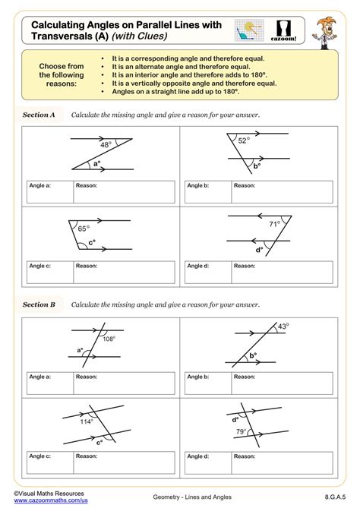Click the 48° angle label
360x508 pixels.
pyautogui.click(x=106, y=144)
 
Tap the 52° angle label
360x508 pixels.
pyautogui.click(x=243, y=140)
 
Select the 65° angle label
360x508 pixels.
pyautogui.click(x=84, y=227)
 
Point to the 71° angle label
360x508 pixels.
pyautogui.click(x=275, y=224)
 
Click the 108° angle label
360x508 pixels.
pyautogui.click(x=109, y=339)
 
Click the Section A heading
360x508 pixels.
pyautogui.click(x=39, y=115)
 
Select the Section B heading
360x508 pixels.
pyautogui.click(x=39, y=304)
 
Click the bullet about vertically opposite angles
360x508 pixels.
pyautogui.click(x=179, y=83)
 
